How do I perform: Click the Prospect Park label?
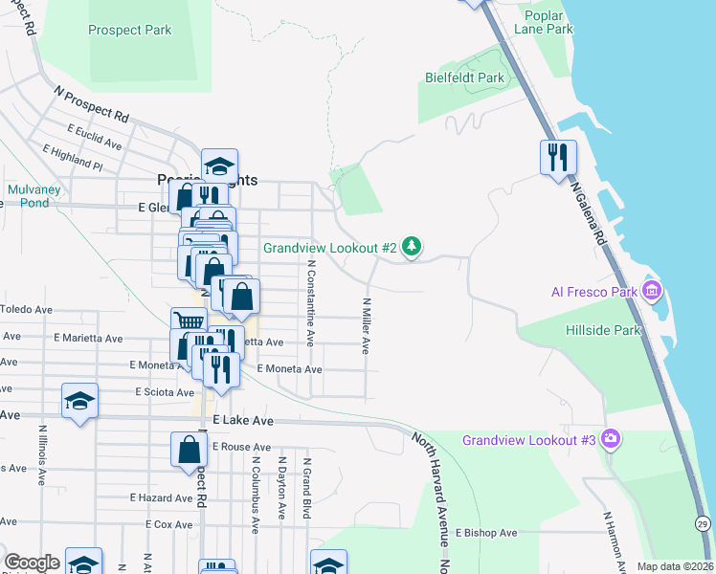point(129,30)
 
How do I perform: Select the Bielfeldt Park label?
point(463,77)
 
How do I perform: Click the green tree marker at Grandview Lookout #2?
point(412,248)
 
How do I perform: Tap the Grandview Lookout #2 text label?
point(330,248)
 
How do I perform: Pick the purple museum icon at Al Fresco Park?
point(653,290)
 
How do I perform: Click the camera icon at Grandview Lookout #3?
point(610,440)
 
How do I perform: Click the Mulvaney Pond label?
point(34,196)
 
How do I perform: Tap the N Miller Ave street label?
point(365,325)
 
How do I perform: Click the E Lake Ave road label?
point(243,421)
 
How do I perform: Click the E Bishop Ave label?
point(486,532)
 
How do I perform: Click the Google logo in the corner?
point(32,563)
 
